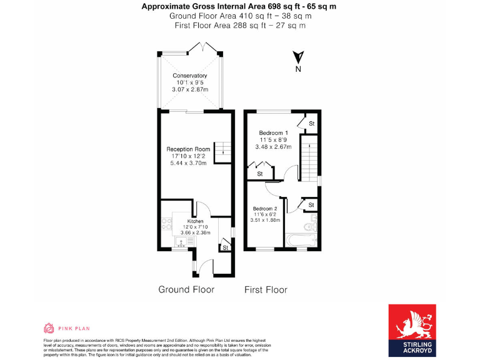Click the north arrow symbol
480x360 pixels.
pyautogui.click(x=299, y=57)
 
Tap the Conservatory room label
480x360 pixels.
pyautogui.click(x=189, y=76)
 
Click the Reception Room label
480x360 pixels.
pyautogui.click(x=187, y=149)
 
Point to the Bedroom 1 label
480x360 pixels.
pyautogui.click(x=273, y=133)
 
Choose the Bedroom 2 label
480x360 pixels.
pyautogui.click(x=266, y=209)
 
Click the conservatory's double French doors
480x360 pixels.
pyautogui.click(x=204, y=48)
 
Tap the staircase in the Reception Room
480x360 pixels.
pyautogui.click(x=222, y=151)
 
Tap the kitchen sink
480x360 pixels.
pyautogui.click(x=181, y=240)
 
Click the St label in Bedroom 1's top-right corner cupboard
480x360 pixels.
pyautogui.click(x=311, y=124)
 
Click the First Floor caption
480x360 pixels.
pyautogui.click(x=266, y=289)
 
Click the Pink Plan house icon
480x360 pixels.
pyautogui.click(x=49, y=328)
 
